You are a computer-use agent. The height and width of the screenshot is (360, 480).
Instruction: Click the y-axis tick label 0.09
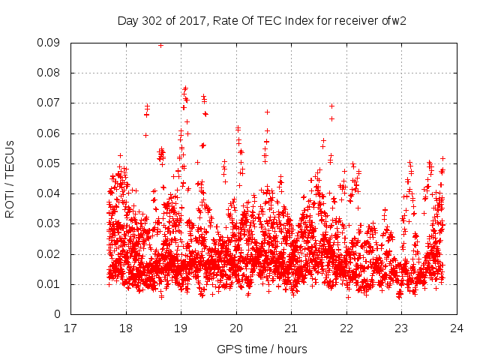pyautogui.click(x=52, y=43)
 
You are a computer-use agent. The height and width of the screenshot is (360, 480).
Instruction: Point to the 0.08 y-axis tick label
pyautogui.click(x=52, y=73)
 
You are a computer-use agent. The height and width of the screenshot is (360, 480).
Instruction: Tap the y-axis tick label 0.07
pyautogui.click(x=52, y=103)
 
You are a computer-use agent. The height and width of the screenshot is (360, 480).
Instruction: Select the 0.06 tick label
pyautogui.click(x=52, y=133)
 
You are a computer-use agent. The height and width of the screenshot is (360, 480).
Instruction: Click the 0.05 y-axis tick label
pyautogui.click(x=52, y=163)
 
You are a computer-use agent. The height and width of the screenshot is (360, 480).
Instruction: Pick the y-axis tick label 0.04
pyautogui.click(x=52, y=193)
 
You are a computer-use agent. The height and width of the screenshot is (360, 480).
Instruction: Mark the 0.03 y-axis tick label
pyautogui.click(x=52, y=223)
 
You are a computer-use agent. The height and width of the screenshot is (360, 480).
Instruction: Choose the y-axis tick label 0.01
pyautogui.click(x=52, y=283)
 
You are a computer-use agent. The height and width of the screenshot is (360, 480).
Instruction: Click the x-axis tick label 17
pyautogui.click(x=70, y=328)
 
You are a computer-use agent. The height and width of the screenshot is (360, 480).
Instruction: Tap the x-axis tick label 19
pyautogui.click(x=181, y=328)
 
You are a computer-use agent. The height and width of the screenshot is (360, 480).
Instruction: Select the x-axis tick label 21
pyautogui.click(x=291, y=328)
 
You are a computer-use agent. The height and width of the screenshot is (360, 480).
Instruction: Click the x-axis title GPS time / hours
pyautogui.click(x=262, y=349)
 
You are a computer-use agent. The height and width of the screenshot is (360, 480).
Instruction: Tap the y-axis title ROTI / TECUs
pyautogui.click(x=10, y=178)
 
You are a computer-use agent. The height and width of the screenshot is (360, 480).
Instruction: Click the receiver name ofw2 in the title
pyautogui.click(x=394, y=20)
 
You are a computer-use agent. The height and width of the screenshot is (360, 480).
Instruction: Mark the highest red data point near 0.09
pyautogui.click(x=160, y=45)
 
